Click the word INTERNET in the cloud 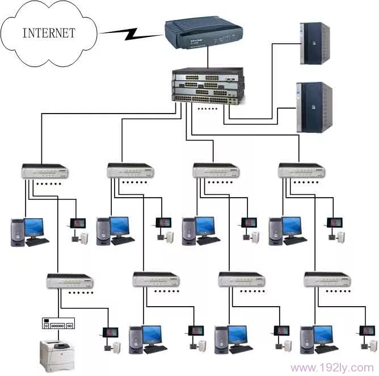tap(48, 32)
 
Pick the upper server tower tap(314, 43)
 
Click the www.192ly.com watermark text tap(331, 367)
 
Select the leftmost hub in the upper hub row tap(45, 170)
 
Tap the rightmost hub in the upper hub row tap(301, 170)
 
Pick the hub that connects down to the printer tap(70, 280)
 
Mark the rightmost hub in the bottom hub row tap(327, 279)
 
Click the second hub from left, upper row tap(130, 170)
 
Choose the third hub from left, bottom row tap(241, 279)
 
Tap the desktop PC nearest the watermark tap(318, 340)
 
